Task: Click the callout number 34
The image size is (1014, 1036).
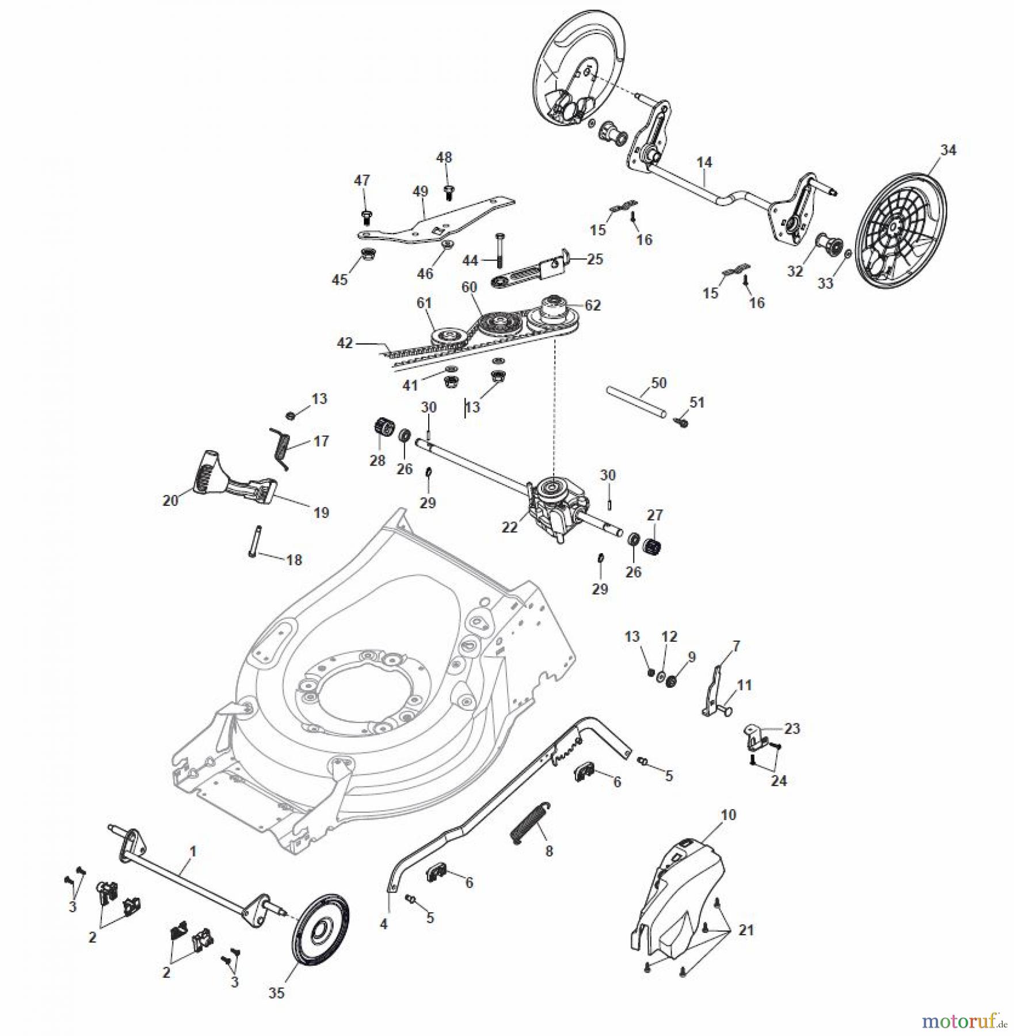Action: tap(948, 150)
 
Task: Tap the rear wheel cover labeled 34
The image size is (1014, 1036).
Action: tap(901, 227)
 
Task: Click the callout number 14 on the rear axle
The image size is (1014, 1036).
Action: tap(704, 162)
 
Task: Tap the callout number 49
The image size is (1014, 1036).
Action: tap(421, 192)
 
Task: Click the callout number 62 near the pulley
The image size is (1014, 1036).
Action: tap(593, 305)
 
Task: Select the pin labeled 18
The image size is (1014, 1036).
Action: tap(254, 541)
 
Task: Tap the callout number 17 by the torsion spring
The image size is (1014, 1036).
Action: tap(321, 441)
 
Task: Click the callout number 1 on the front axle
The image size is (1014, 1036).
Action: tap(193, 851)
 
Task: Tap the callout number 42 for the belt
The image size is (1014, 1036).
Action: tap(345, 344)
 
